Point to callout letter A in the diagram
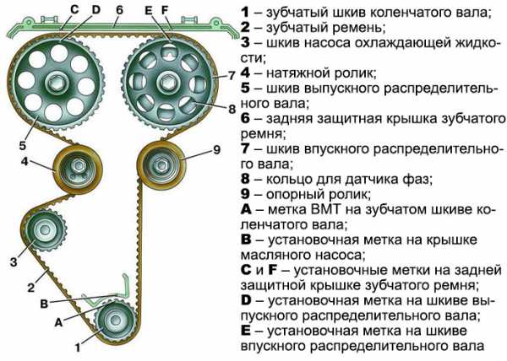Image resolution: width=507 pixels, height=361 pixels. [x=58, y=321]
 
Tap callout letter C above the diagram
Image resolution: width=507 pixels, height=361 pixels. [x=74, y=10]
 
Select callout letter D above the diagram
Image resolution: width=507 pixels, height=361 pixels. [x=95, y=10]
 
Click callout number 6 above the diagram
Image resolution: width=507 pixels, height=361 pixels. [x=121, y=10]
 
